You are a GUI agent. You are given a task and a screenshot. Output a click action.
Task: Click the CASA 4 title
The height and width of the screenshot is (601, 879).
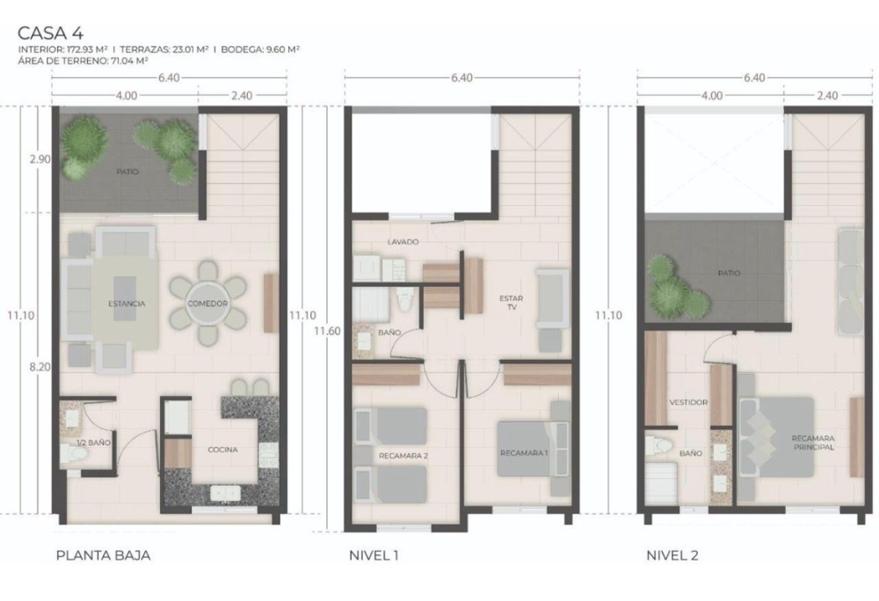tap(50, 33)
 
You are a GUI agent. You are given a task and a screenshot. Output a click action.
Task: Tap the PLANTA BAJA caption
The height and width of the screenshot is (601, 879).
tap(103, 555)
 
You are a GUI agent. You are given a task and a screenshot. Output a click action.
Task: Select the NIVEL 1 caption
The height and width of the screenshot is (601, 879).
tap(374, 555)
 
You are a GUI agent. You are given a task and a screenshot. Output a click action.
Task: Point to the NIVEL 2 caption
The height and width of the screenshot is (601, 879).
tap(672, 555)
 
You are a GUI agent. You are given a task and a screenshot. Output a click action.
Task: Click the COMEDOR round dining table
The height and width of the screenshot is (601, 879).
tap(207, 303)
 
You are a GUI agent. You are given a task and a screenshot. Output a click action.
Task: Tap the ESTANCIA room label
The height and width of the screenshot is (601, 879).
tap(127, 304)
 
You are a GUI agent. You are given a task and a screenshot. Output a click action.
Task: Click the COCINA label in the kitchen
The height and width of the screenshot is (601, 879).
tap(222, 450)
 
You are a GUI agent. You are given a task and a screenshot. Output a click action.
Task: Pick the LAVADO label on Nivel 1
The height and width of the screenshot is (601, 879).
tap(403, 242)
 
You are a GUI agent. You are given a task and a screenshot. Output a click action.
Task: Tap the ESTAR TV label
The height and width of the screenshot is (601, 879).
tap(512, 303)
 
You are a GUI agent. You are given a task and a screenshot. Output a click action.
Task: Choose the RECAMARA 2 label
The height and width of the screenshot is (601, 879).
tap(403, 456)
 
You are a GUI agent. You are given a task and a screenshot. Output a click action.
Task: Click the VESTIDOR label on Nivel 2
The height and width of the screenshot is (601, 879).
tap(688, 402)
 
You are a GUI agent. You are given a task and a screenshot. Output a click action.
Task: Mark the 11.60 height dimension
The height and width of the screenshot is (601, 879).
tap(327, 331)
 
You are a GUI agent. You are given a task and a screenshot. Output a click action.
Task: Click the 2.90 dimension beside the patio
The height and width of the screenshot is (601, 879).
tap(40, 159)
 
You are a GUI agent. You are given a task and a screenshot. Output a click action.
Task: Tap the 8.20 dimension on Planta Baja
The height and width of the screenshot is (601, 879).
tap(40, 367)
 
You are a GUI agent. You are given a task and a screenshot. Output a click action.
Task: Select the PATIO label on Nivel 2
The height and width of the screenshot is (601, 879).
tap(729, 274)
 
